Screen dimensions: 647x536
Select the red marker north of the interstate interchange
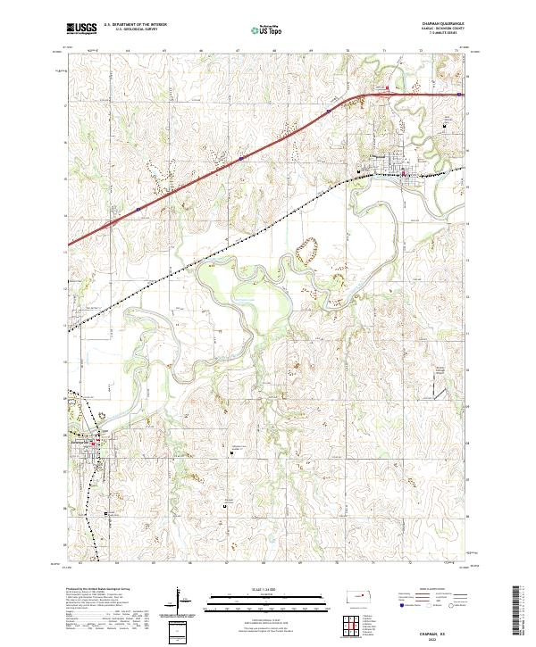(387, 88)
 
